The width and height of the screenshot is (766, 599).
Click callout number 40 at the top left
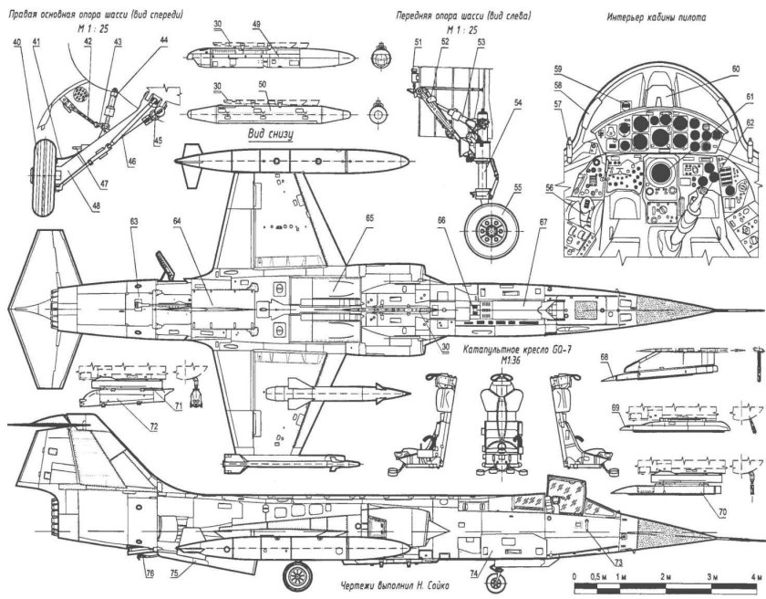[x=16, y=41]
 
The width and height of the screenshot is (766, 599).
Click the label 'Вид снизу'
[x=273, y=132]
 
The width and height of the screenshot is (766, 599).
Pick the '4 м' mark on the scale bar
[x=753, y=577]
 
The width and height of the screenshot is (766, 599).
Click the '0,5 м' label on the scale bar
[x=599, y=577]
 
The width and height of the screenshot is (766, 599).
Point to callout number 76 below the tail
[x=149, y=574]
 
